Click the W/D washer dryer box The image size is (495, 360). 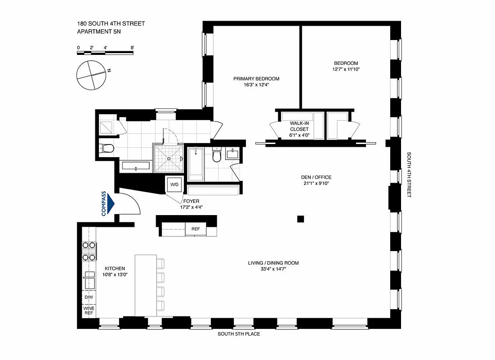[174, 184]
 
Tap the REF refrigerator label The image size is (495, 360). [196, 229]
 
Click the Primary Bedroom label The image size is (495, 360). [256, 79]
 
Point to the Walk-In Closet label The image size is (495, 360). [299, 129]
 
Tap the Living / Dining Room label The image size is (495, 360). [273, 263]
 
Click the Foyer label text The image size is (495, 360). [191, 201]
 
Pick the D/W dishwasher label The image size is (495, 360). [88, 297]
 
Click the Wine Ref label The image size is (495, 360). [88, 310]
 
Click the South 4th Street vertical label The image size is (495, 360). [409, 175]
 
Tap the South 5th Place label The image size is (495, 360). [239, 334]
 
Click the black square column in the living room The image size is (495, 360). [300, 219]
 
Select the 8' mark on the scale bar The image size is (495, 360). [132, 47]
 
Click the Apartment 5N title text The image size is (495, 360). [97, 31]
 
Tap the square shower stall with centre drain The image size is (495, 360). [169, 158]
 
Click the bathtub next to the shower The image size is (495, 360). [196, 164]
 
